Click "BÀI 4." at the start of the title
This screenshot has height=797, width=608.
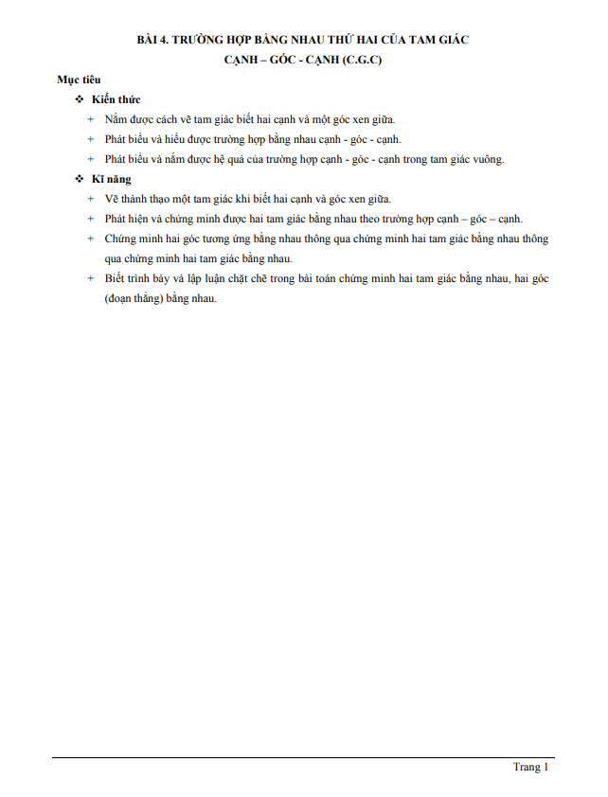(x=154, y=40)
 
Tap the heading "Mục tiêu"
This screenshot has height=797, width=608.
(x=80, y=80)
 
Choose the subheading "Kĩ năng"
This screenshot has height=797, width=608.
(x=112, y=179)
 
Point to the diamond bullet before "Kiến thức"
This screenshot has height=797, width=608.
(x=80, y=99)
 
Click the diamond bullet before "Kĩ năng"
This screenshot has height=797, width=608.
(x=80, y=179)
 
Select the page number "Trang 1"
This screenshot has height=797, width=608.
(x=530, y=767)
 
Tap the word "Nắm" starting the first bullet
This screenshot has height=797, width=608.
(x=117, y=119)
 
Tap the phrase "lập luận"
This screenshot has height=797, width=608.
(x=199, y=278)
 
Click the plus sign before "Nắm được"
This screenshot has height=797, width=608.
(x=91, y=119)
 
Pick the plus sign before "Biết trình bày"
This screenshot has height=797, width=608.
(x=91, y=278)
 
